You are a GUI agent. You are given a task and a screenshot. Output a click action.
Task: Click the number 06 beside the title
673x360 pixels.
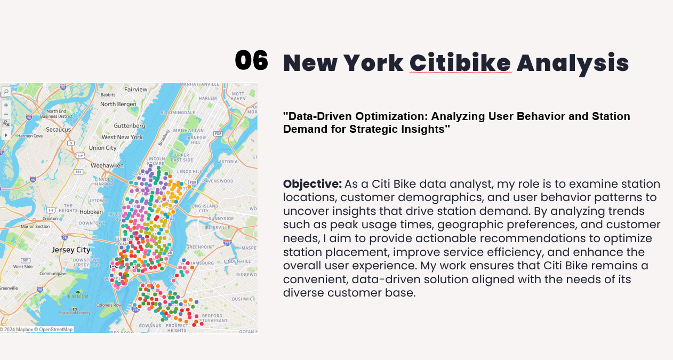click(251, 61)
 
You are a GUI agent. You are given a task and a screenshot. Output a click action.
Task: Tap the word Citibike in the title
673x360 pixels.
click(460, 63)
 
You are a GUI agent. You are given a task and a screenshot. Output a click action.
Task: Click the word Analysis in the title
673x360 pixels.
click(572, 63)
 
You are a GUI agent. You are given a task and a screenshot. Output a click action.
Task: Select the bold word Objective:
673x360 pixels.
click(312, 184)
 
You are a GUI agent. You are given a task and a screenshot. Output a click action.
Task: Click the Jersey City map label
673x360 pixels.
click(71, 250)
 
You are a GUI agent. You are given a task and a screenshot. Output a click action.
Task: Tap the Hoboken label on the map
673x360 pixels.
click(91, 212)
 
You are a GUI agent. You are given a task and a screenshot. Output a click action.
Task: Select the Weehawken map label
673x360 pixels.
click(107, 166)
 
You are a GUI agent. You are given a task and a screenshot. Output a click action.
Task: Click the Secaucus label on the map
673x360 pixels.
click(58, 130)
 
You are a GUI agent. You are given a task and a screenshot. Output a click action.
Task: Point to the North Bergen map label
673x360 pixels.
click(118, 104)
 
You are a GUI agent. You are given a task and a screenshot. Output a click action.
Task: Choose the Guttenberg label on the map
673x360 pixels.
click(129, 126)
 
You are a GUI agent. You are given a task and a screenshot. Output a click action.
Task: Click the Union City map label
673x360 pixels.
click(102, 148)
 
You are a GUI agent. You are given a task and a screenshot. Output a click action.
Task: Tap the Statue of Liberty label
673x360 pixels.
click(74, 313)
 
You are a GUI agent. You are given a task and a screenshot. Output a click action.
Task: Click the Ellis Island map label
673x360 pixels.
click(78, 296)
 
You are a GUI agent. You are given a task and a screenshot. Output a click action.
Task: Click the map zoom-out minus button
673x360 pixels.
click(6, 114)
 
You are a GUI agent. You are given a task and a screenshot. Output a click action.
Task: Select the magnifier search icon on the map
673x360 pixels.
click(6, 92)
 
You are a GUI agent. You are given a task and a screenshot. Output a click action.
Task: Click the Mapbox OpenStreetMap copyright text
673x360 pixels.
click(36, 330)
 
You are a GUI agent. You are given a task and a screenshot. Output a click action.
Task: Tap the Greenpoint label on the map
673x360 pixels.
click(200, 247)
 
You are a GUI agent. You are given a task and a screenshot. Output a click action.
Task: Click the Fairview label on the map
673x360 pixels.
click(135, 90)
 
